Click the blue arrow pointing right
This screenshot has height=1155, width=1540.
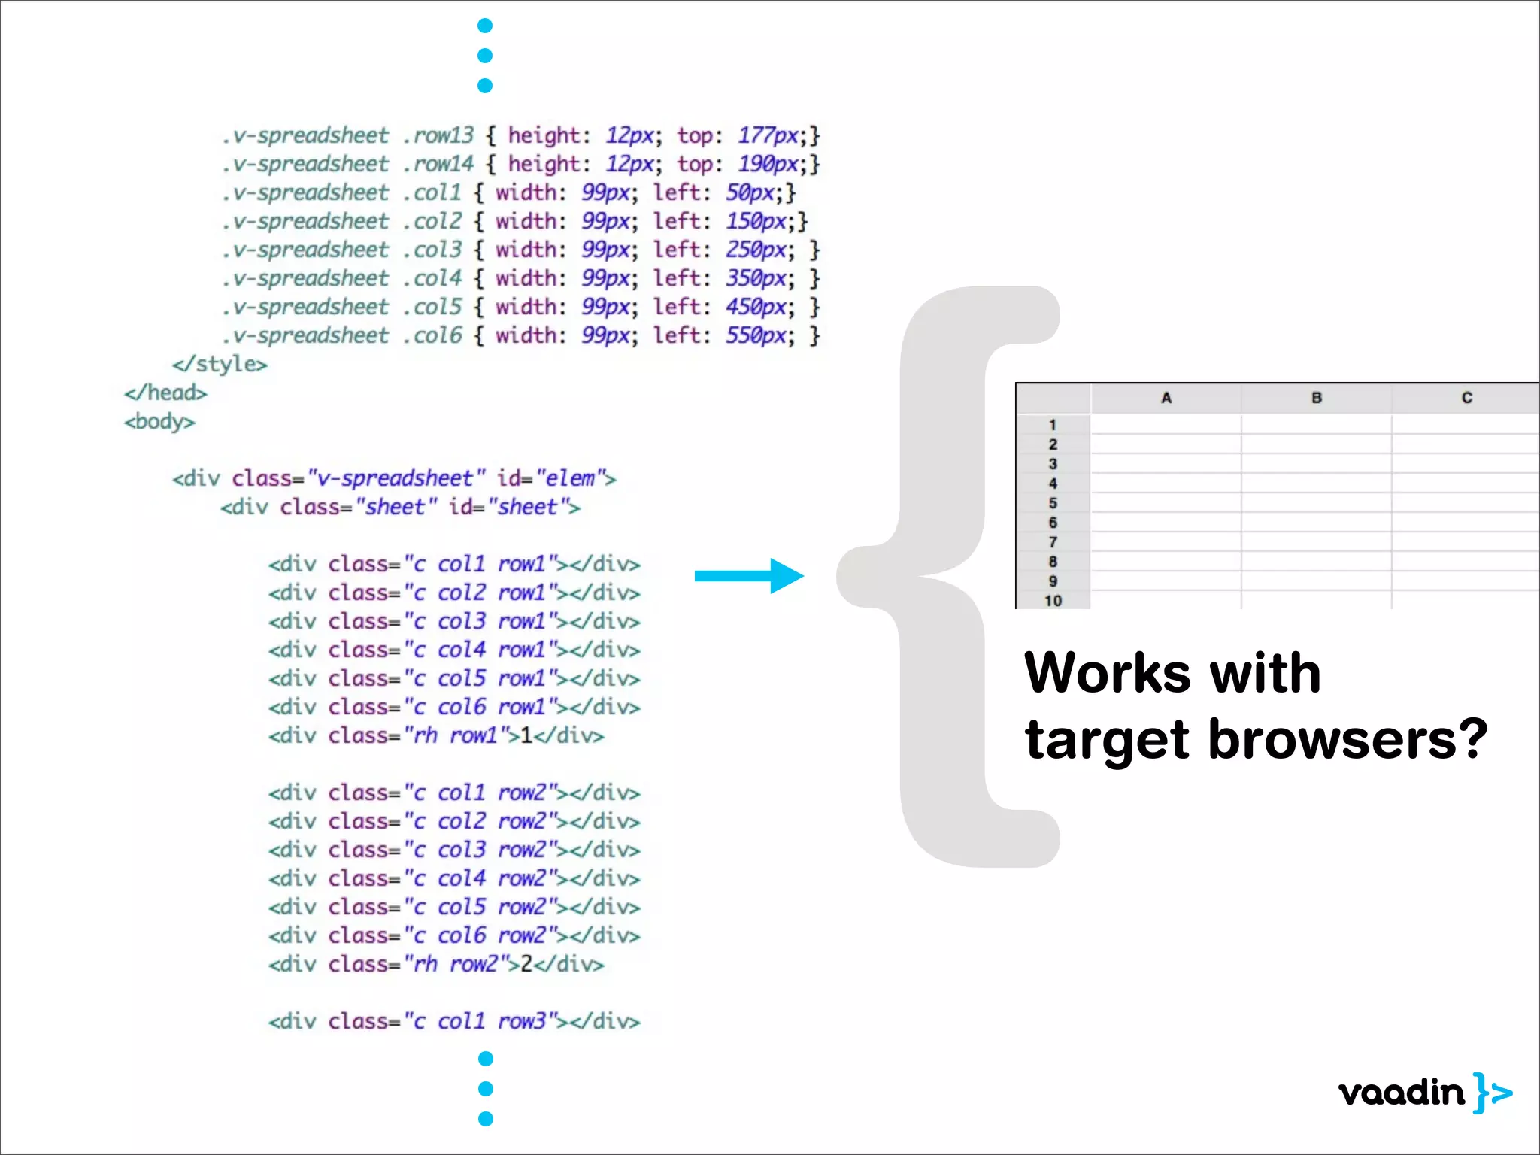749,576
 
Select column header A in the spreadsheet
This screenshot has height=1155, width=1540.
1166,398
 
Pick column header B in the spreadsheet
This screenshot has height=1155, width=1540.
1316,398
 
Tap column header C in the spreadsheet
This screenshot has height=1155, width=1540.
1466,398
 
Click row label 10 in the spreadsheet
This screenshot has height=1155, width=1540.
1053,601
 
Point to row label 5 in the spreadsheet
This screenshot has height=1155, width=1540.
1053,503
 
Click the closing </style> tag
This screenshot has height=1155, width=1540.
220,365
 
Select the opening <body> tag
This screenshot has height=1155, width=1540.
159,422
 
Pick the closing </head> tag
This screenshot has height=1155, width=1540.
165,393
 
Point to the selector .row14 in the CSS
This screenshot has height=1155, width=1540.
438,164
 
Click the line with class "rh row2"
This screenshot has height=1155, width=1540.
436,964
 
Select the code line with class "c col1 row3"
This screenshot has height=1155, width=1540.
454,1021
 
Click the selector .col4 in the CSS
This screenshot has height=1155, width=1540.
432,278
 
